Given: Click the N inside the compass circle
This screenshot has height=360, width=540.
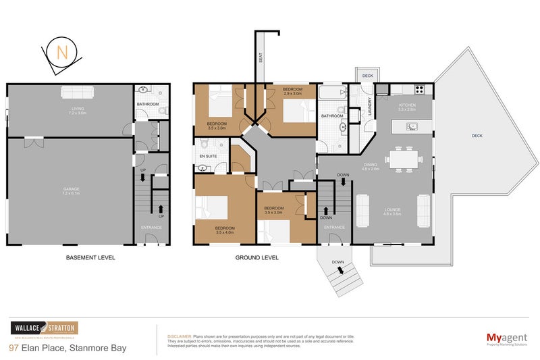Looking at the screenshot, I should point(61,53).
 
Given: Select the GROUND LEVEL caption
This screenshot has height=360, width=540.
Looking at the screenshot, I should point(256,258).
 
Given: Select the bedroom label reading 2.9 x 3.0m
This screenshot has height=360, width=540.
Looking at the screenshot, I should point(292,92).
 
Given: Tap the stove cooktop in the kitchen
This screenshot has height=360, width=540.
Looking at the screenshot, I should point(418,89).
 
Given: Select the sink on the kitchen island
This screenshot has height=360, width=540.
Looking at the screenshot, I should point(411,126).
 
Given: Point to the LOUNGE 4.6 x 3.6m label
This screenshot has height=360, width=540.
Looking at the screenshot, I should point(392,211).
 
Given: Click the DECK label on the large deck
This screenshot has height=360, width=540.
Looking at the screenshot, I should point(477,136).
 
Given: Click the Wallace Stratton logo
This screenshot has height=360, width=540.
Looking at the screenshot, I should point(43,329).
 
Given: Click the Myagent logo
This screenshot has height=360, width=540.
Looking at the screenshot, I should point(507,338).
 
